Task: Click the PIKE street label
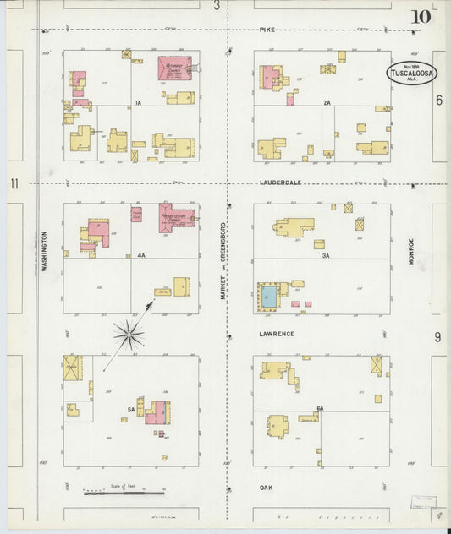pyautogui.click(x=268, y=30)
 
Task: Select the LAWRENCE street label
pyautogui.click(x=278, y=334)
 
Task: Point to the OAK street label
pyautogui.click(x=267, y=488)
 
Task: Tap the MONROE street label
pyautogui.click(x=412, y=251)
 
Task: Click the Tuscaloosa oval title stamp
pyautogui.click(x=412, y=73)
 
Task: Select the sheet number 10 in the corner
pyautogui.click(x=421, y=16)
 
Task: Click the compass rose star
pyautogui.click(x=129, y=335)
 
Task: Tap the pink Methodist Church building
pyautogui.click(x=175, y=68)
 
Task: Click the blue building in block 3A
pyautogui.click(x=268, y=296)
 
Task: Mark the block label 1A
pyautogui.click(x=137, y=103)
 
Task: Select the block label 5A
pyautogui.click(x=130, y=410)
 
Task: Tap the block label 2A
pyautogui.click(x=326, y=103)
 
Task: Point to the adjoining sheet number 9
pyautogui.click(x=437, y=337)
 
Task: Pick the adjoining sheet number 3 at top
pyautogui.click(x=217, y=6)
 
